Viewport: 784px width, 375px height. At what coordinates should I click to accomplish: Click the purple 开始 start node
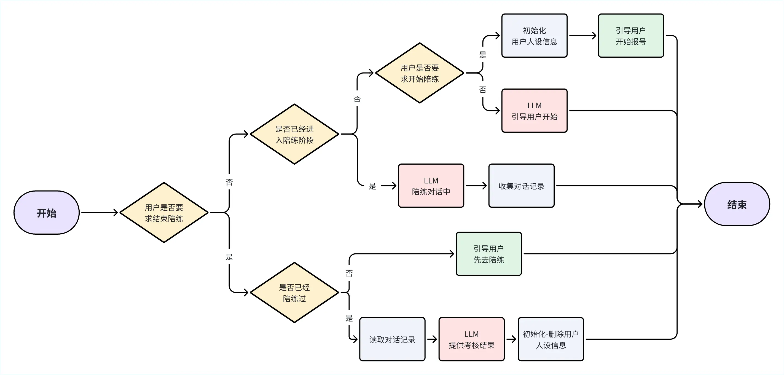pyautogui.click(x=47, y=213)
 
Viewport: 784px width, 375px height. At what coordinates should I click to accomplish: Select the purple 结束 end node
pyautogui.click(x=737, y=204)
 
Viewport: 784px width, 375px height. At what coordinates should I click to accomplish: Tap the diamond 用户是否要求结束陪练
pyautogui.click(x=164, y=213)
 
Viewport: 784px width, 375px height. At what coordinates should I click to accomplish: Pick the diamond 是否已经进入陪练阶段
pyautogui.click(x=294, y=134)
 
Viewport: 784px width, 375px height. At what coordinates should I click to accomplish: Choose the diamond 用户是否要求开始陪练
pyautogui.click(x=420, y=73)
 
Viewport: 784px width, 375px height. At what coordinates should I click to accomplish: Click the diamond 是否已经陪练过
pyautogui.click(x=294, y=293)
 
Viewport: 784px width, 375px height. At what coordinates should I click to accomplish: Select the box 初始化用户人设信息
pyautogui.click(x=535, y=36)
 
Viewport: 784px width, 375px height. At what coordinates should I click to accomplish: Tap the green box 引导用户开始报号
pyautogui.click(x=631, y=36)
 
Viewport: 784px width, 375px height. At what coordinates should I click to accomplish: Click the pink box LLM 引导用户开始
pyautogui.click(x=535, y=111)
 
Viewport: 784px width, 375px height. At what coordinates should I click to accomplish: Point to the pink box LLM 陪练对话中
pyautogui.click(x=431, y=186)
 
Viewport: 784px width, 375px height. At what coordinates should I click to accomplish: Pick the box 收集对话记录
pyautogui.click(x=521, y=186)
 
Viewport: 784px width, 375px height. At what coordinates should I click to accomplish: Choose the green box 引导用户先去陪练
pyautogui.click(x=489, y=254)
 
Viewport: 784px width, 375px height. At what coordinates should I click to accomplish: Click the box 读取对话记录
pyautogui.click(x=392, y=339)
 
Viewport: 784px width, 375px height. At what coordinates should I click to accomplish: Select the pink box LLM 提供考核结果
pyautogui.click(x=471, y=339)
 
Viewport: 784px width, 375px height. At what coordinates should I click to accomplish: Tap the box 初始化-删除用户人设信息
pyautogui.click(x=551, y=339)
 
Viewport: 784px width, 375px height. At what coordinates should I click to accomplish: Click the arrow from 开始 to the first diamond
pyautogui.click(x=100, y=213)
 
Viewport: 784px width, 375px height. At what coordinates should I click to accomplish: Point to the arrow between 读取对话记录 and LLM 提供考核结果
pyautogui.click(x=432, y=339)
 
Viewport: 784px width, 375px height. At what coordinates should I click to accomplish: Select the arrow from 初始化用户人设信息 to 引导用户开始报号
pyautogui.click(x=583, y=36)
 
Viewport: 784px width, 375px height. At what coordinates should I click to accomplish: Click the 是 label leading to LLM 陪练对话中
pyautogui.click(x=372, y=186)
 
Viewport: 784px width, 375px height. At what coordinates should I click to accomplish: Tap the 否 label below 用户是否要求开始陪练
pyautogui.click(x=483, y=90)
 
